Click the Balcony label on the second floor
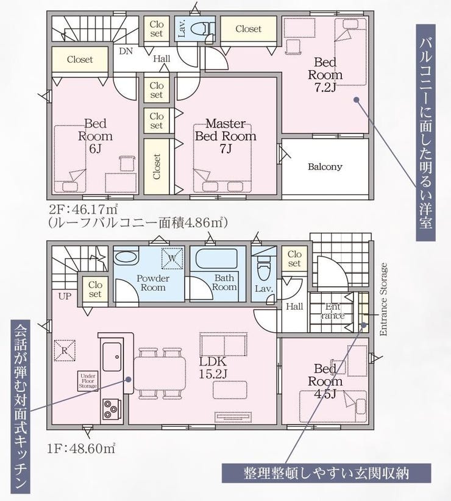pyautogui.click(x=325, y=167)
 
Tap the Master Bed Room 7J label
pyautogui.click(x=225, y=136)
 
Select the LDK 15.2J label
pyautogui.click(x=213, y=368)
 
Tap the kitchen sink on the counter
pyautogui.click(x=112, y=357)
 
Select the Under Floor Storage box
pyautogui.click(x=88, y=381)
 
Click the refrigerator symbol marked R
pyautogui.click(x=65, y=350)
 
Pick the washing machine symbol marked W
pyautogui.click(x=172, y=258)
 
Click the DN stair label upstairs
pyautogui.click(x=126, y=51)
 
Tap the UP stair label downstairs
pyautogui.click(x=65, y=296)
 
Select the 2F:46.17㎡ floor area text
pyautogui.click(x=83, y=210)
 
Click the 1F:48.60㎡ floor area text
pyautogui.click(x=82, y=449)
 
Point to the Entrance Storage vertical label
pyautogui.click(x=383, y=299)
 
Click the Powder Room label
pyautogui.click(x=153, y=283)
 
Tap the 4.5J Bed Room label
pyautogui.click(x=325, y=381)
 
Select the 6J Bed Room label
pyautogui.click(x=95, y=136)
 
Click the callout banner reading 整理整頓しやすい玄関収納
pyautogui.click(x=327, y=473)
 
